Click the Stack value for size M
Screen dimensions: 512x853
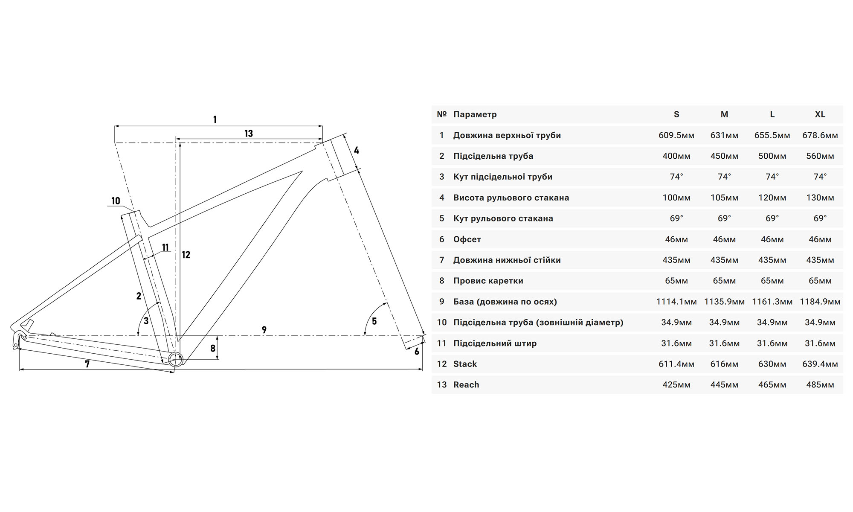[724, 364]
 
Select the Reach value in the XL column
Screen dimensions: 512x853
[820, 385]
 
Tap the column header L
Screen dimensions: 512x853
[772, 114]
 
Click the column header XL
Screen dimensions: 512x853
[820, 114]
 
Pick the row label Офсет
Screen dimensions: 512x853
[467, 239]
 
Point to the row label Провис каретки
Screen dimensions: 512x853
[488, 281]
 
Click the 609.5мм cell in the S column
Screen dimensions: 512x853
[676, 135]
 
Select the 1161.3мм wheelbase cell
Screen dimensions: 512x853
[772, 302]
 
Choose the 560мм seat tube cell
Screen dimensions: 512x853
[820, 156]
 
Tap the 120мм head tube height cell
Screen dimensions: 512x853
[772, 198]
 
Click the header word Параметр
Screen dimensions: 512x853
[475, 114]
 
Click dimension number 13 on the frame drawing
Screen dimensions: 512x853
[249, 134]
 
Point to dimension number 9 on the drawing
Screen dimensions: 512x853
[264, 330]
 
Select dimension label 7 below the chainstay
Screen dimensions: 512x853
[87, 364]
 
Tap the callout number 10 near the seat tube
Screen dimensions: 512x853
[116, 201]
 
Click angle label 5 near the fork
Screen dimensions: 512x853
[374, 321]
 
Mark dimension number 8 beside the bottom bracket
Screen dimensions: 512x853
[213, 349]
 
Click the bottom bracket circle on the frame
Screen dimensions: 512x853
[176, 360]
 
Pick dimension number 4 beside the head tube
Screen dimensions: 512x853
[357, 150]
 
